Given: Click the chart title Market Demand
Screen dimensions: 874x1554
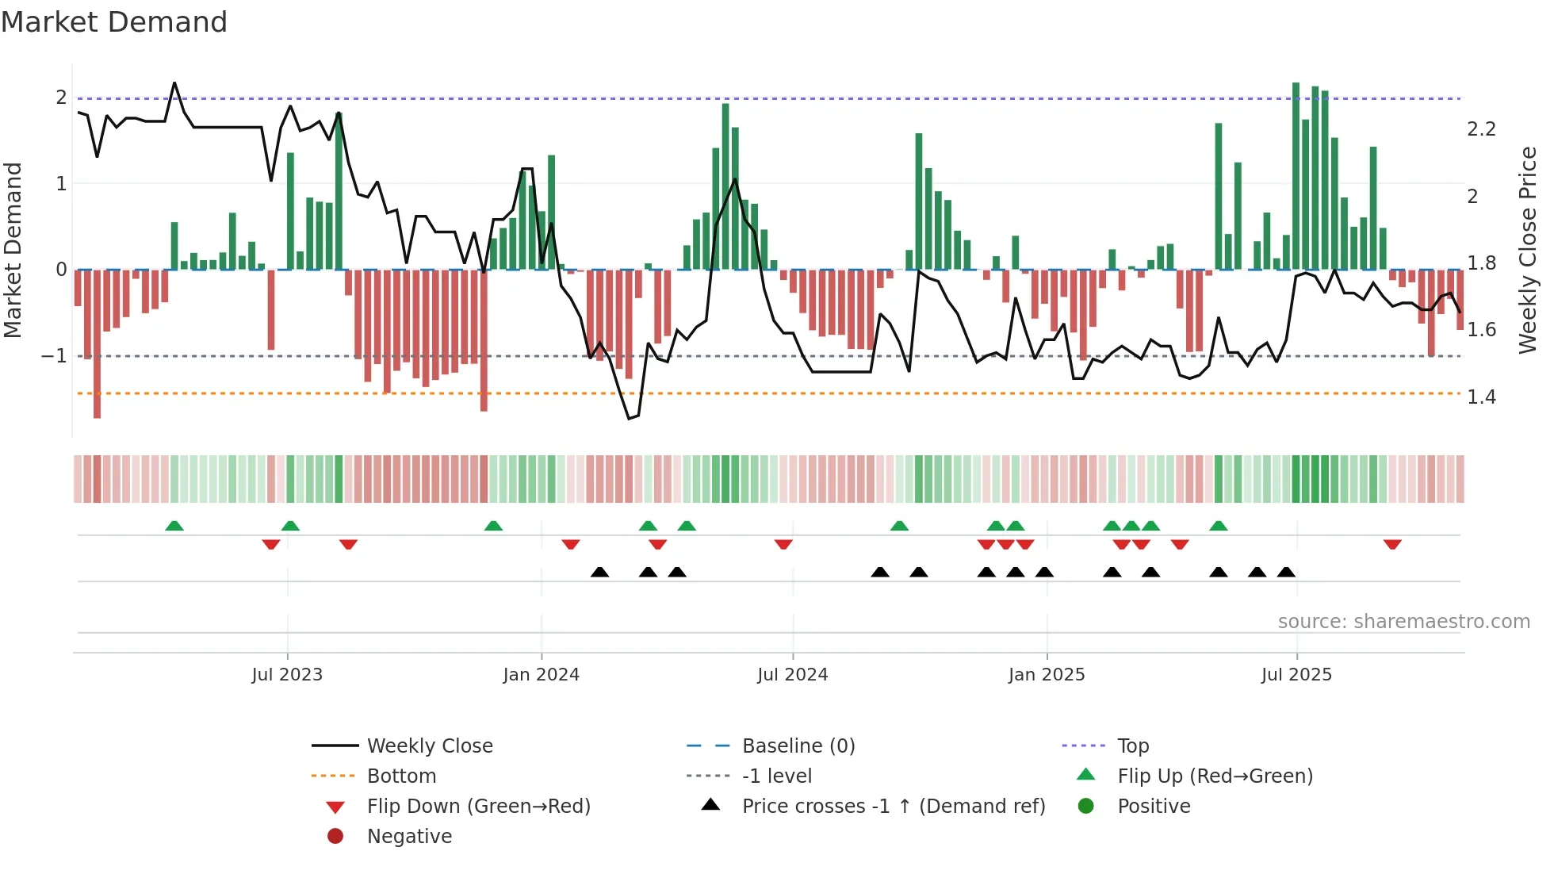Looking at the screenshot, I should pyautogui.click(x=114, y=22).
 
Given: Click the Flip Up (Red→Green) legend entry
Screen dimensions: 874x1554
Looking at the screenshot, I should pyautogui.click(x=1215, y=776).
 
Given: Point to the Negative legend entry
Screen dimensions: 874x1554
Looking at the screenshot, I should pyautogui.click(x=409, y=836).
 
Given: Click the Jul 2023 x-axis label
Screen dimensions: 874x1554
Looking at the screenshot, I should pyautogui.click(x=287, y=675).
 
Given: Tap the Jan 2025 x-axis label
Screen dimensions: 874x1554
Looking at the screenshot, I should pyautogui.click(x=1047, y=675).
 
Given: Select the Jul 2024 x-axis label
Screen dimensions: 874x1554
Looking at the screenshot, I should pyautogui.click(x=792, y=675).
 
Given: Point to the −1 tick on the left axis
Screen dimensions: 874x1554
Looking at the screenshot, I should pyautogui.click(x=54, y=356).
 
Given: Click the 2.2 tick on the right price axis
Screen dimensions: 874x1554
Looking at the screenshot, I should pyautogui.click(x=1481, y=129).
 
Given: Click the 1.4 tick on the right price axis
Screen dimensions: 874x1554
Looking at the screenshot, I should pyautogui.click(x=1481, y=397).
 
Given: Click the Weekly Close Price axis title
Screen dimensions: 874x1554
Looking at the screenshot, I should pyautogui.click(x=1527, y=250).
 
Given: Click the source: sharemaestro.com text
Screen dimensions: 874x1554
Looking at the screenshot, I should pyautogui.click(x=1403, y=621).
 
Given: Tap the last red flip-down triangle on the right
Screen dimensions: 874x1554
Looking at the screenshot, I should pyautogui.click(x=1392, y=544).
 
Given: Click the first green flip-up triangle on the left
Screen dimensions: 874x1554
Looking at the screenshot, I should pyautogui.click(x=174, y=526).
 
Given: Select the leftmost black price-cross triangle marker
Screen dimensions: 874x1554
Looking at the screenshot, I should pyautogui.click(x=600, y=572).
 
